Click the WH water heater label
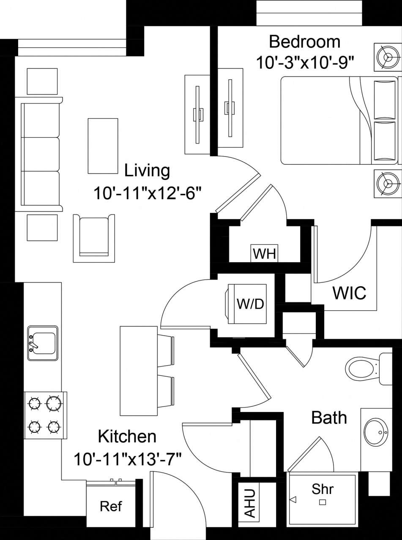click(x=264, y=254)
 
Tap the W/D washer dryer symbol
click(x=250, y=304)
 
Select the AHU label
click(x=250, y=503)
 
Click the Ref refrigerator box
click(x=111, y=506)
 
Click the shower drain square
click(x=323, y=502)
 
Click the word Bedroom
click(x=305, y=42)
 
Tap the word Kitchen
click(x=127, y=436)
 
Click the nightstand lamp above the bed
click(x=386, y=57)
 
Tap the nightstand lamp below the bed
click(x=386, y=183)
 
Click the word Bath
click(x=329, y=418)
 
